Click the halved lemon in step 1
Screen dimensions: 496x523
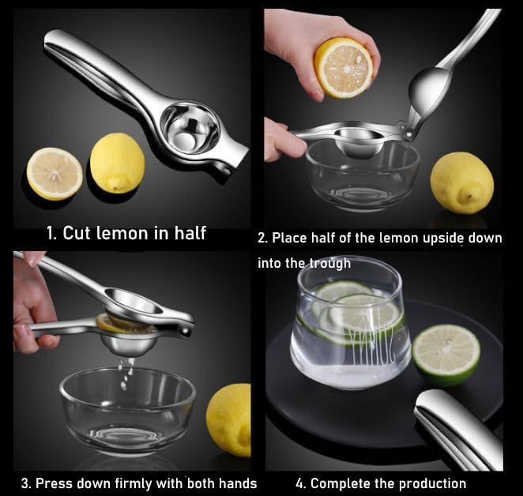click(x=55, y=173)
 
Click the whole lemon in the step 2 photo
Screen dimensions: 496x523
click(x=461, y=182)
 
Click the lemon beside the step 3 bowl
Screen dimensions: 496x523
click(x=229, y=419)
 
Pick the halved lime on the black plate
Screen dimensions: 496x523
click(x=446, y=354)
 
